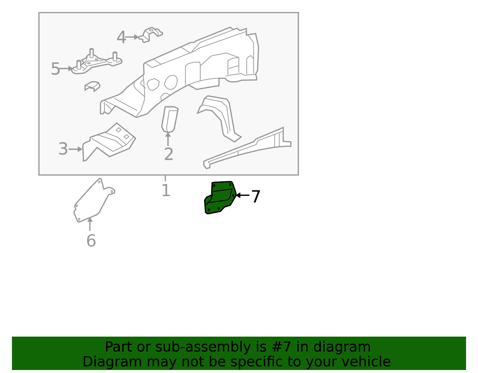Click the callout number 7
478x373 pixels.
256,197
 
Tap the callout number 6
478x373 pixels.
91,241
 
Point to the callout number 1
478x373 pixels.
166,190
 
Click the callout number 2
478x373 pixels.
169,154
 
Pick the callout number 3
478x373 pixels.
63,149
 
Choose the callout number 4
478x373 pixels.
121,37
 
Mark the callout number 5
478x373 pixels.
56,69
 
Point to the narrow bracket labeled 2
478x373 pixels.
170,119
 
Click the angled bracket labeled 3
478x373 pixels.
109,142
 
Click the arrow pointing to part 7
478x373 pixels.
243,195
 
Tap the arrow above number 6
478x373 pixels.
90,224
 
